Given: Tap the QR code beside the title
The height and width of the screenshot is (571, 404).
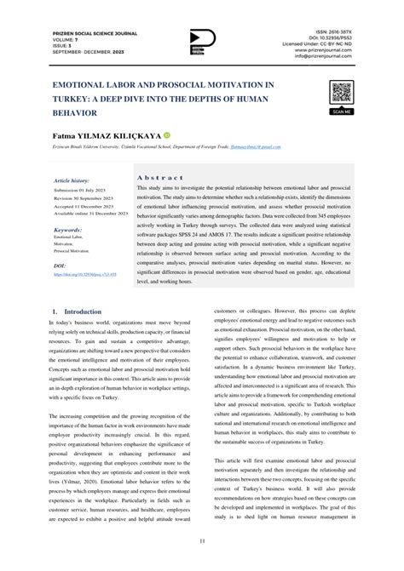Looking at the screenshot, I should pos(341,92).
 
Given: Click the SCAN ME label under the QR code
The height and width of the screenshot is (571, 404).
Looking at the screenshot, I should pos(341,111).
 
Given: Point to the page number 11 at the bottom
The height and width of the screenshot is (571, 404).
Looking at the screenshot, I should pos(201,541).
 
